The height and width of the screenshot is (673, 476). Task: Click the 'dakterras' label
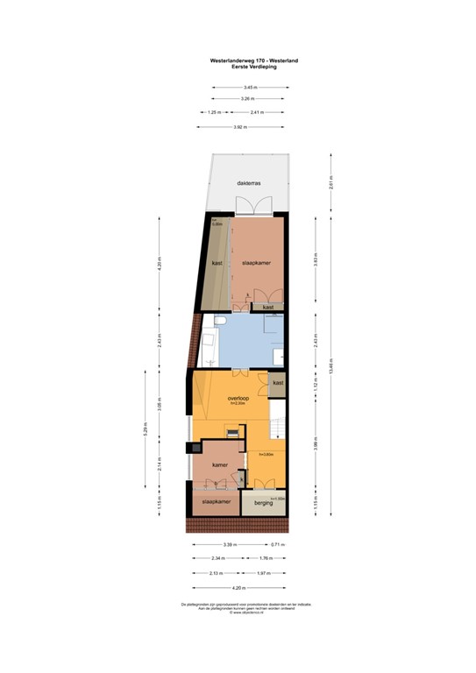pyautogui.click(x=248, y=183)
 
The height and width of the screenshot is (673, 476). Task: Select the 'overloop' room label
pyautogui.click(x=237, y=398)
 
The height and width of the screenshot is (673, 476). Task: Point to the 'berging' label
pyautogui.click(x=263, y=503)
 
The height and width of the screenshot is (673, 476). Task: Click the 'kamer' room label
pyautogui.click(x=220, y=465)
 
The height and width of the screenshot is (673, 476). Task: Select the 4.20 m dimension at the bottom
pyautogui.click(x=237, y=588)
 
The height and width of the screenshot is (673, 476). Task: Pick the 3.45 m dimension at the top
pyautogui.click(x=249, y=87)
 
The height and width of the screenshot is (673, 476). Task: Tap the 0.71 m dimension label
pyautogui.click(x=277, y=544)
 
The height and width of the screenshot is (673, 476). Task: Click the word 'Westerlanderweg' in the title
pyautogui.click(x=235, y=60)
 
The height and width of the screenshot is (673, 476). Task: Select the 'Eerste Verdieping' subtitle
pyautogui.click(x=247, y=67)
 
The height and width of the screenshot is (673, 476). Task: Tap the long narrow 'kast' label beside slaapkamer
pyautogui.click(x=216, y=262)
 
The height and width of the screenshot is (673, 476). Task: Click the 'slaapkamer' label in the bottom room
pyautogui.click(x=216, y=502)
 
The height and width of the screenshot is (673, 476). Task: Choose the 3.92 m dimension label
pyautogui.click(x=238, y=127)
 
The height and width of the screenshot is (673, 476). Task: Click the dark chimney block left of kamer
pyautogui.click(x=188, y=450)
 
